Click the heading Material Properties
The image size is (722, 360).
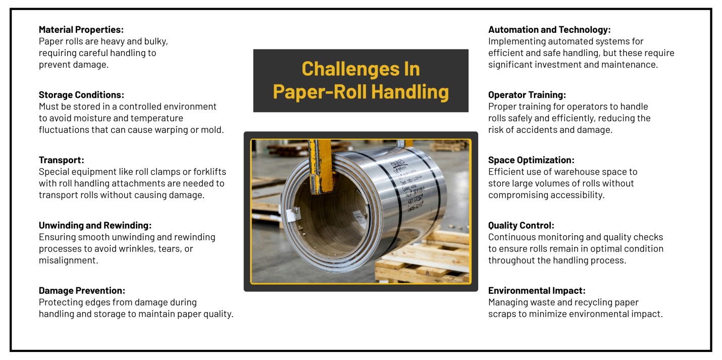(x=81, y=30)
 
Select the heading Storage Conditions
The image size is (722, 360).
(x=81, y=95)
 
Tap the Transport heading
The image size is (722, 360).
(x=61, y=160)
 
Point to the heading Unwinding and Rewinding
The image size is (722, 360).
(x=95, y=225)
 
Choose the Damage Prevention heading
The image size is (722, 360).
(x=82, y=290)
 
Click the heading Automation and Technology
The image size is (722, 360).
(x=549, y=30)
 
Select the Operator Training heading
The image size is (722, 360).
(x=527, y=95)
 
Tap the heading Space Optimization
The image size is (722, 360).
(x=531, y=160)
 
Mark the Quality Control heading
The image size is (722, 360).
(x=521, y=225)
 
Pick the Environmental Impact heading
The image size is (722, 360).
(x=537, y=290)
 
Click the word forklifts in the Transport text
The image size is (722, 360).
(x=207, y=172)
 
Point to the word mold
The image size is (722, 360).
(x=212, y=130)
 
